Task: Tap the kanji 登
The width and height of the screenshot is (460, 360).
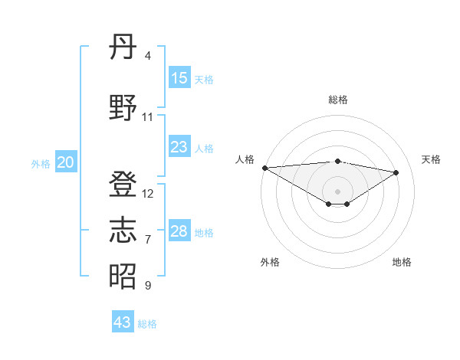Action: [123, 185]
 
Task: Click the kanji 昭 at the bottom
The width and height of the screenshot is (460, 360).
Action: [123, 276]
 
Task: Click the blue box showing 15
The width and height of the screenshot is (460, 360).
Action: [179, 78]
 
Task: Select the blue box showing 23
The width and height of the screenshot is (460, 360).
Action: [179, 147]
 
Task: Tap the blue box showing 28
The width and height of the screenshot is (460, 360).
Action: [179, 231]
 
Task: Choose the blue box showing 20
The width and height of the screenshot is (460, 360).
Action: [66, 162]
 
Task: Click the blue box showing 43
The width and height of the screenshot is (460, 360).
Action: [123, 322]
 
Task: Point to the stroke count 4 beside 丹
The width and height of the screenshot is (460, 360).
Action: [148, 56]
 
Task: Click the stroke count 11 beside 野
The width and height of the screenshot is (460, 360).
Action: [148, 116]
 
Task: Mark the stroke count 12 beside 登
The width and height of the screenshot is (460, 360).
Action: [148, 194]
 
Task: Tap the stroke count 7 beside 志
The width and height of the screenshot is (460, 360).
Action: [148, 240]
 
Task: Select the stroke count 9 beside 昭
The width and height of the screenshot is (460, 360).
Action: [148, 286]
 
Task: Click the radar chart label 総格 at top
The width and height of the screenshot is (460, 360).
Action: [337, 100]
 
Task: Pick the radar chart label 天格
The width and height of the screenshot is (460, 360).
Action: [432, 159]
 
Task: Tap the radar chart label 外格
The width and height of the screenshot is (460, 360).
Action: [270, 262]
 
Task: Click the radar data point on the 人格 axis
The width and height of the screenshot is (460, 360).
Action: [264, 168]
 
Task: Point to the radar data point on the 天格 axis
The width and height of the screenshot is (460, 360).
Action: [396, 172]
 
